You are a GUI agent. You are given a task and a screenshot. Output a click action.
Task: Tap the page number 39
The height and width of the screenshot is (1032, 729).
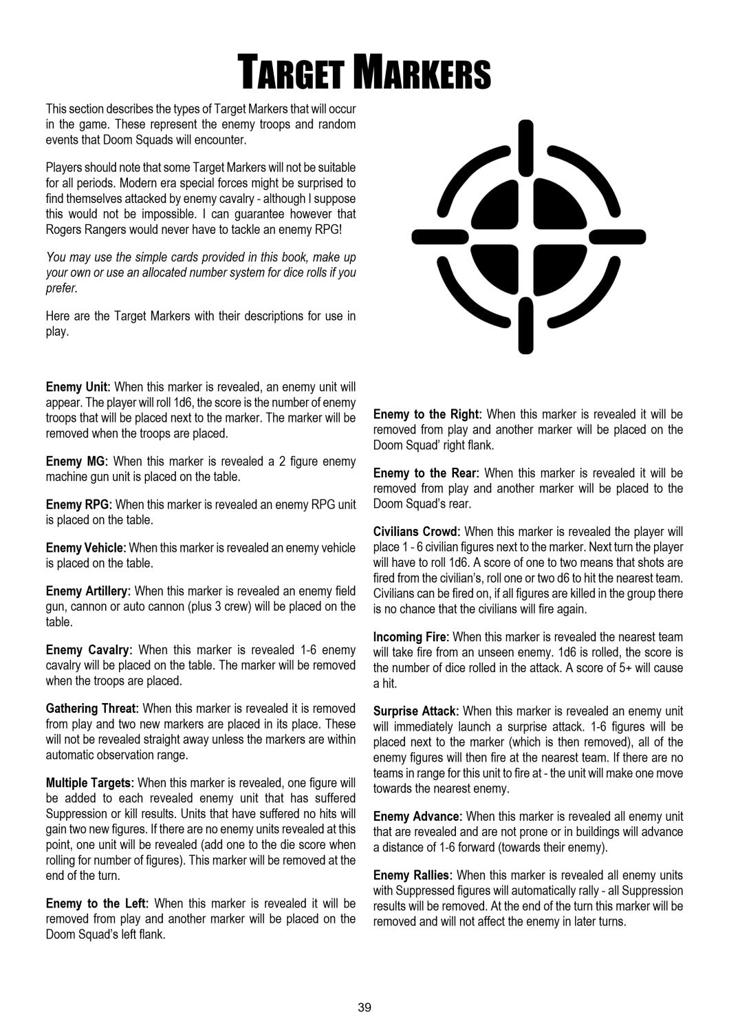pos(364,1007)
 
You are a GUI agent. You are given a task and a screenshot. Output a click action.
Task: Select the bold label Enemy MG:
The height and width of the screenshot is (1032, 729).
pos(78,461)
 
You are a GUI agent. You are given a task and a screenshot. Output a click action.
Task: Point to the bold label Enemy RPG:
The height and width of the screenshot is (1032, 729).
pos(80,504)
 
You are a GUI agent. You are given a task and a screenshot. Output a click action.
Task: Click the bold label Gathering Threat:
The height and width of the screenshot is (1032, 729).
pos(92,708)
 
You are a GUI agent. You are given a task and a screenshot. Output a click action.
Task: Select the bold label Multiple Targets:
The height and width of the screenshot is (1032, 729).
pos(92,783)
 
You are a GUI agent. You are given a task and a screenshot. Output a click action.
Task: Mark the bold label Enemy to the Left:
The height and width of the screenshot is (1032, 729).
pos(97,903)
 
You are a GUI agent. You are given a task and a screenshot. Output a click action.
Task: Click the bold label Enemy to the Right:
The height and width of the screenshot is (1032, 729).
pos(427,414)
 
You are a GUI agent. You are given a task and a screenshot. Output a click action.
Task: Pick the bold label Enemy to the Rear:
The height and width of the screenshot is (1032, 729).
pos(426,473)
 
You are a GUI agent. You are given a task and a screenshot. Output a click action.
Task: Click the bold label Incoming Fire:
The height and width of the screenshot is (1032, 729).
pos(411,637)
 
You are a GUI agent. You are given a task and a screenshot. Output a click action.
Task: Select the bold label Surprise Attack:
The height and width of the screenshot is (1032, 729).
pos(417,710)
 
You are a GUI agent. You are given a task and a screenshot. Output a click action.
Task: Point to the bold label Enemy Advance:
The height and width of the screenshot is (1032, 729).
pos(417,817)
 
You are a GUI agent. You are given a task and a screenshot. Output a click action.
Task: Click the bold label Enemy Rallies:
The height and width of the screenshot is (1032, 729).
pos(413,875)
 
